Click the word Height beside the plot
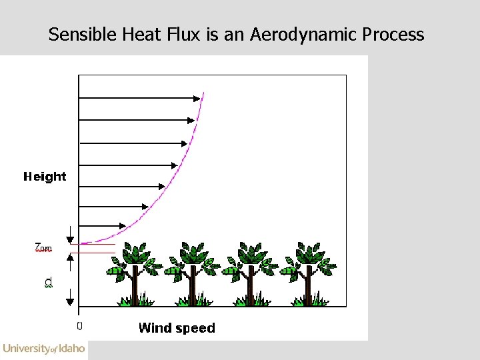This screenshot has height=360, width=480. (x=45, y=177)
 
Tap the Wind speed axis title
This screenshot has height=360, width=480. (x=177, y=328)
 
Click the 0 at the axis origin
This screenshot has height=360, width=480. (x=79, y=326)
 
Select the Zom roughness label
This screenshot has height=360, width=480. (x=43, y=248)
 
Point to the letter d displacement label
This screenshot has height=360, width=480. (x=47, y=283)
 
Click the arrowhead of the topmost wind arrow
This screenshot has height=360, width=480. (x=197, y=99)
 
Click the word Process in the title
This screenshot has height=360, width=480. (x=394, y=35)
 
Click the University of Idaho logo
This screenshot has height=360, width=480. (x=44, y=348)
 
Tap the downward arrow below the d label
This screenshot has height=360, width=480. (x=69, y=301)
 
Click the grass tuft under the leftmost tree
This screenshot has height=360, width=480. (x=134, y=301)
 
